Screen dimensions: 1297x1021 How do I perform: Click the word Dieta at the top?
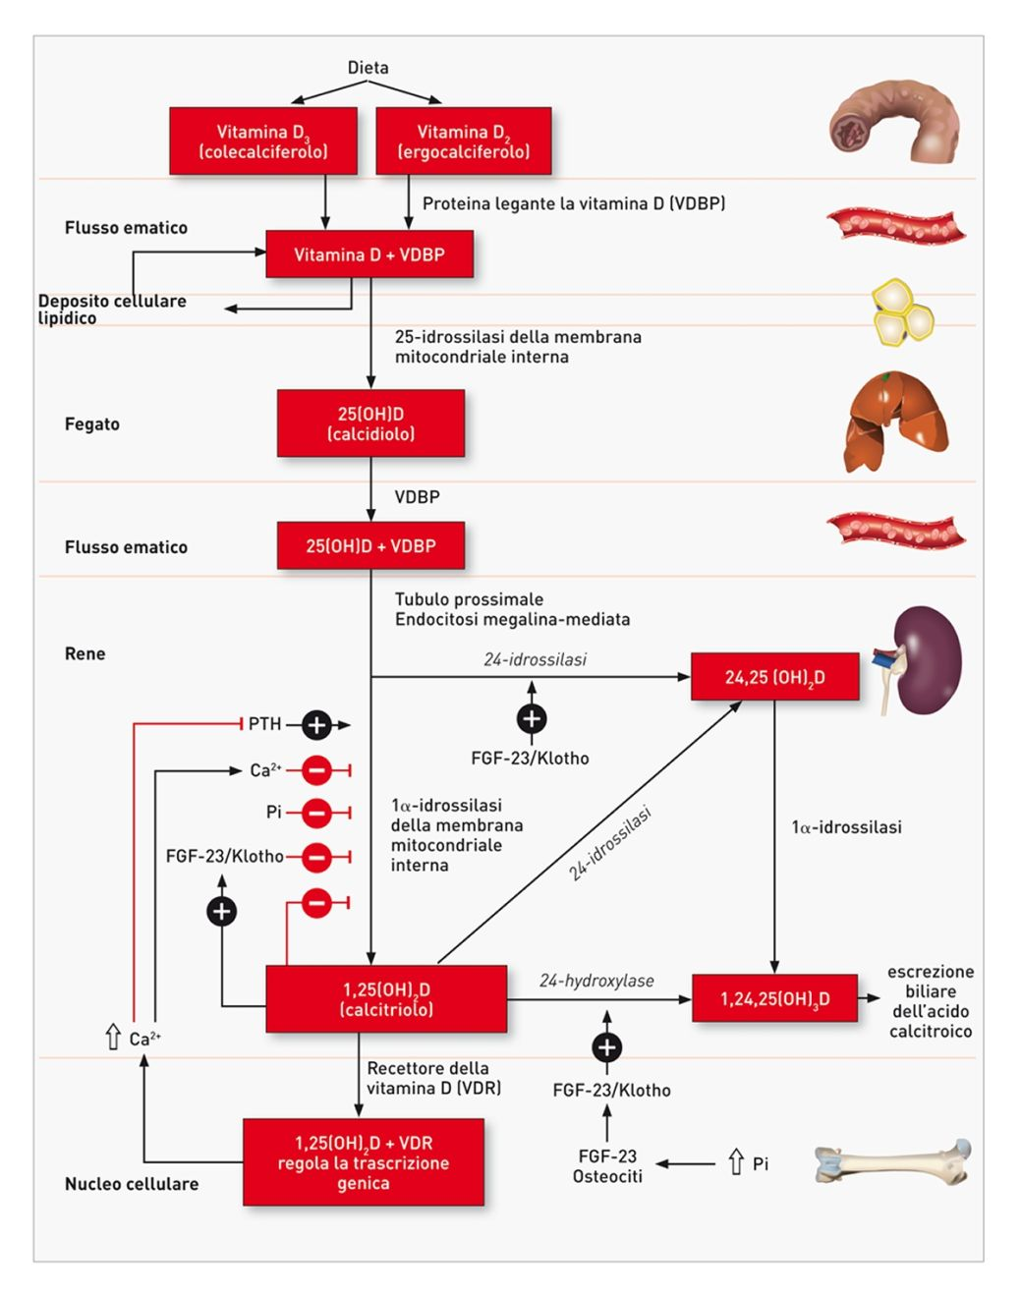point(368,68)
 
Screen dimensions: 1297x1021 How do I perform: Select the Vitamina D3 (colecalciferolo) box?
point(263,141)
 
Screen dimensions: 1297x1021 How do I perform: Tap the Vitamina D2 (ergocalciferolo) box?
point(463,141)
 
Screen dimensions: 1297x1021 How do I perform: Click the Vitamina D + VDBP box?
point(369,254)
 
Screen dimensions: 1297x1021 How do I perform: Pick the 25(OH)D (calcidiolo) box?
point(370,423)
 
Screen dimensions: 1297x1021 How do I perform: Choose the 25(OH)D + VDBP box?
point(370,546)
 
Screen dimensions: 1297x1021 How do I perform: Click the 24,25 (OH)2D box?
point(774,677)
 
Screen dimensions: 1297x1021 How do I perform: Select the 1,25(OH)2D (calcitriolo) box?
point(386,999)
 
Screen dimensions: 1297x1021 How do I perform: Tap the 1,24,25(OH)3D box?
point(774,999)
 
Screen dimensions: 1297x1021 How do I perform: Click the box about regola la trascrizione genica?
point(364,1162)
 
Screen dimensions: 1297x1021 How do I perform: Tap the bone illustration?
point(892,1163)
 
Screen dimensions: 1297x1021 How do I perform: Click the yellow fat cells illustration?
point(902,313)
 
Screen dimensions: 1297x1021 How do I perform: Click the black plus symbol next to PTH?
point(316,725)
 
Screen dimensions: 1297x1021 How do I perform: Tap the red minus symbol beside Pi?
point(316,813)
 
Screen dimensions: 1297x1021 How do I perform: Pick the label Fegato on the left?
point(92,424)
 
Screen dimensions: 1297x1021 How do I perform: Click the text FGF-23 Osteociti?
point(607,1166)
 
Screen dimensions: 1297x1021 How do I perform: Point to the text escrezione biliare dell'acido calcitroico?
point(930,1001)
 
